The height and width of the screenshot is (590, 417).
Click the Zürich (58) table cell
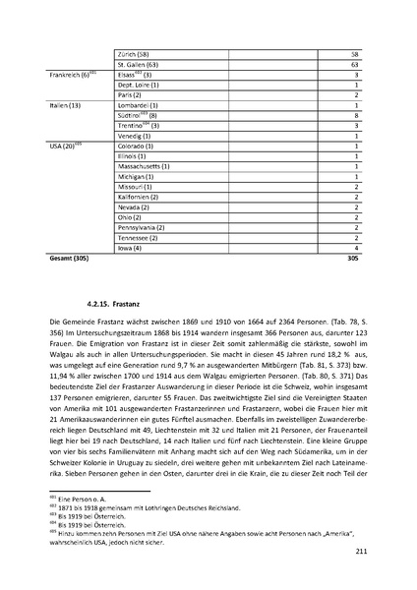pos(132,52)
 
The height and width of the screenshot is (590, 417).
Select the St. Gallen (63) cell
pos(137,63)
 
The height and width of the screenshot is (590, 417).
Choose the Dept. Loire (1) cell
pos(137,84)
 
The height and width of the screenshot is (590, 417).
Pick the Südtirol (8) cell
pos(137,114)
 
